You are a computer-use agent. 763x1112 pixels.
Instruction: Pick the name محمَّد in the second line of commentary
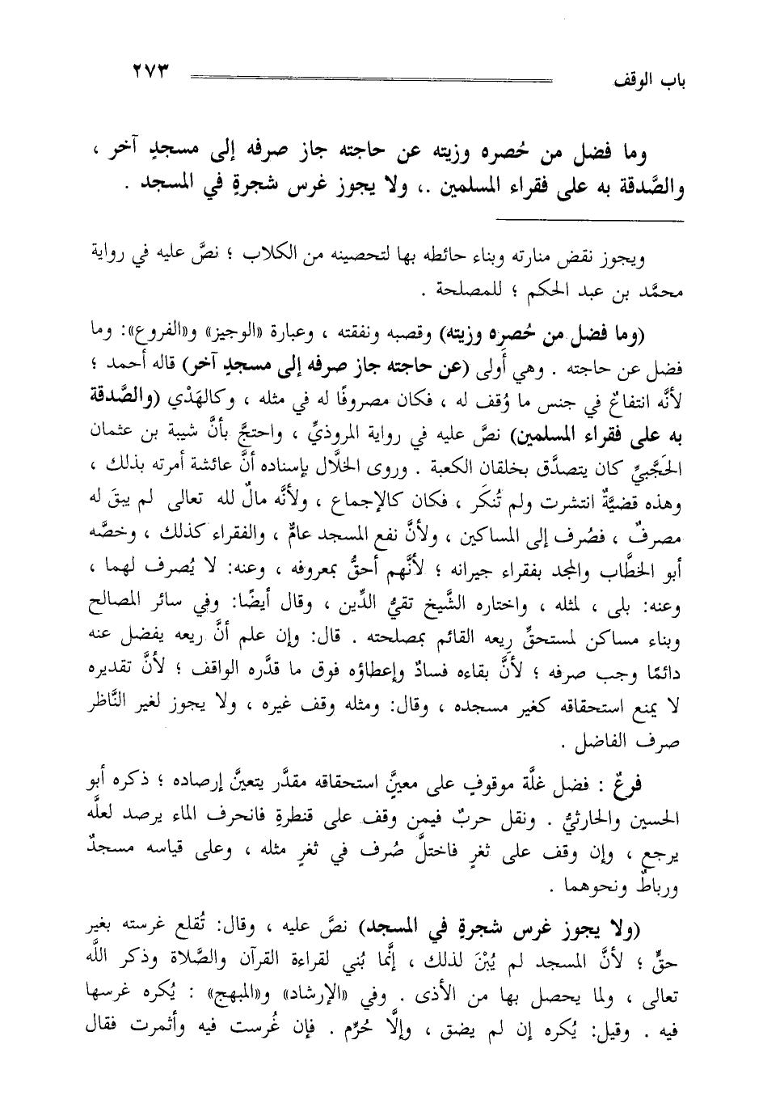[666, 289]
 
